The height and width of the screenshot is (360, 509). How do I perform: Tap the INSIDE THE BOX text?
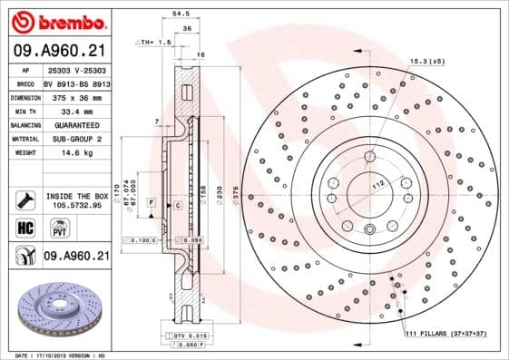tap(75, 195)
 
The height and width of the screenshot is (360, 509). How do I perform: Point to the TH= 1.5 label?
tap(156, 42)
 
